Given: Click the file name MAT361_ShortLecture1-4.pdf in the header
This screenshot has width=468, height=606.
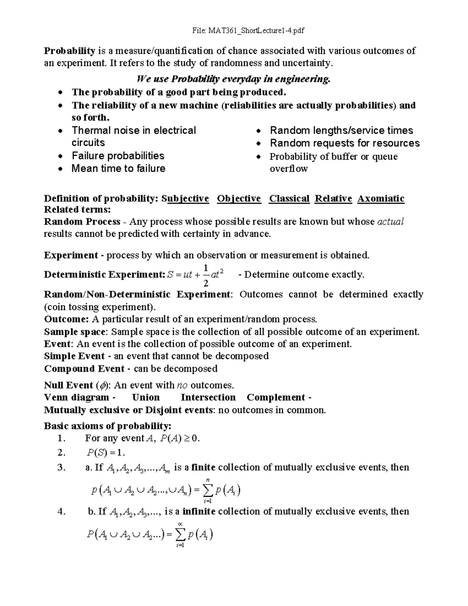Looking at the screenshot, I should pos(256,30).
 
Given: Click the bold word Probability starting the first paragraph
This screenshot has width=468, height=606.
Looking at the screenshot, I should pos(69,51).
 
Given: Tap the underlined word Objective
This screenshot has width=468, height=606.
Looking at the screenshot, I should pos(239,199).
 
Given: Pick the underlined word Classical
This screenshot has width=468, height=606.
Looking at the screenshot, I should pos(289,199).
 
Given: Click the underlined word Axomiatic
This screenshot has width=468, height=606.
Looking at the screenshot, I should pos(381,199).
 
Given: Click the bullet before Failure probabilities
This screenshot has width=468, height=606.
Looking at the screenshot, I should pos(60,156).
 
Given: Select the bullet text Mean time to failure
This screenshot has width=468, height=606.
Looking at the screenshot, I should pos(118,169).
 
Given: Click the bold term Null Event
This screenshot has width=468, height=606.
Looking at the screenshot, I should pos(68,386).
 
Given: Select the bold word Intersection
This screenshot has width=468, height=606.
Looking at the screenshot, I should pos(208,398).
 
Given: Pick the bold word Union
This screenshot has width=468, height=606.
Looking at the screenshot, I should pos(146,398).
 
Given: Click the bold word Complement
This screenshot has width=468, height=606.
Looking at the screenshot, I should pos(276,398).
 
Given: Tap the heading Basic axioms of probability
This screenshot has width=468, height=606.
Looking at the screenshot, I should pos(108,425).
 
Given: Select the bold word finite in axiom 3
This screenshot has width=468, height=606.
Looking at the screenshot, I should pos(204,467).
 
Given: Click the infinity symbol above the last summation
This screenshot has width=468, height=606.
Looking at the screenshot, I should pos(180,524).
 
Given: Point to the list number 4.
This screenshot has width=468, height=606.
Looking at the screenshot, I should pos(60,512).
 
